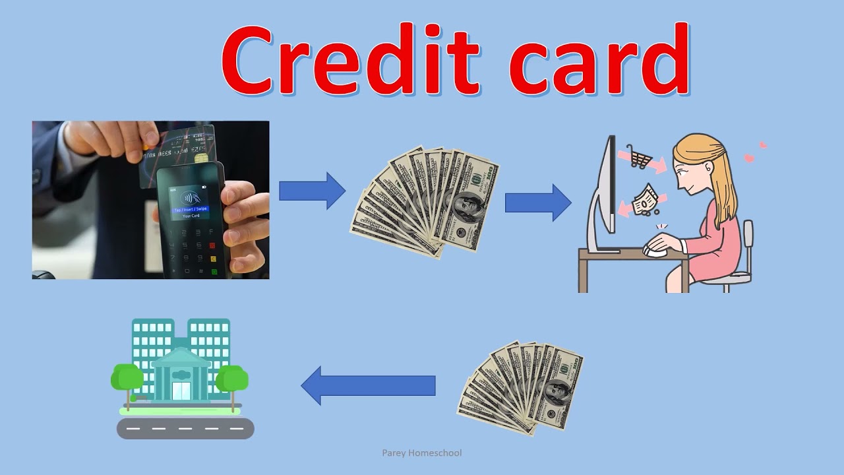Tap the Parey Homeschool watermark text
[422, 453]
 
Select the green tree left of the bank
[127, 377]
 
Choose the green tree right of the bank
[232, 379]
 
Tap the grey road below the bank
[185, 428]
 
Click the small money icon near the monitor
[644, 201]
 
